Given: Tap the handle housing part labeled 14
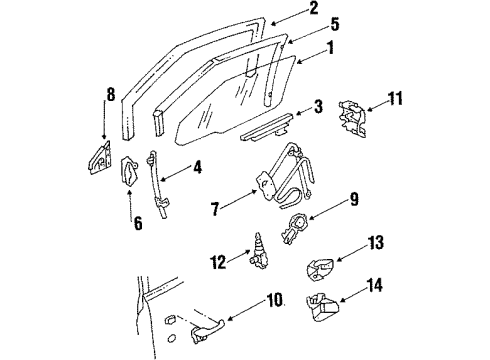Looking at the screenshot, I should tap(325, 309).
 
